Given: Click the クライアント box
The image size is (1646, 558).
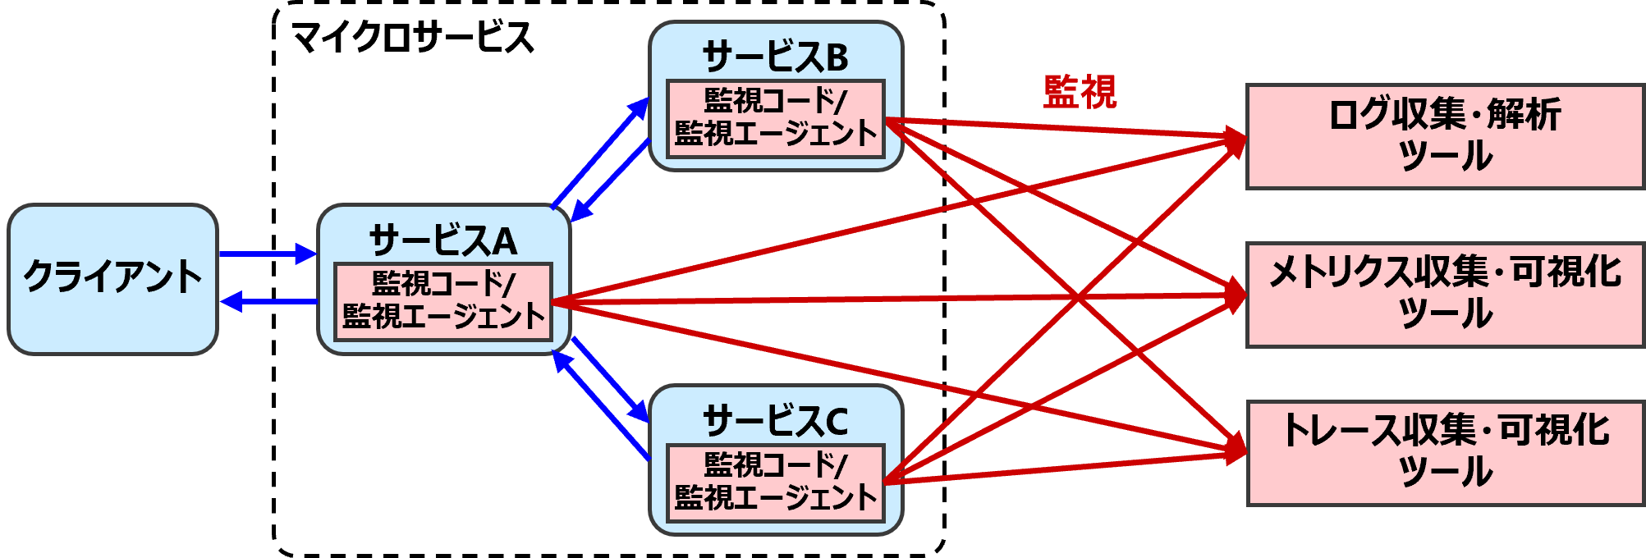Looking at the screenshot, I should [112, 279].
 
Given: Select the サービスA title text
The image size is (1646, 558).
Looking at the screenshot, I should [443, 241].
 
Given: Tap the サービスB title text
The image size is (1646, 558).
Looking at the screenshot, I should [775, 57].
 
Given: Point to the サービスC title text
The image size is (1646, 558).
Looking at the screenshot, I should [775, 422].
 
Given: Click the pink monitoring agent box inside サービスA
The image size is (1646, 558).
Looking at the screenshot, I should [443, 301].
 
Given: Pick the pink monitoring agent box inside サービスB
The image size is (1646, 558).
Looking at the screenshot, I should [775, 118].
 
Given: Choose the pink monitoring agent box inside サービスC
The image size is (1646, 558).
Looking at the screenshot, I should [775, 483].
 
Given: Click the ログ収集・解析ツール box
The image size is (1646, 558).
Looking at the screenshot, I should [1445, 136].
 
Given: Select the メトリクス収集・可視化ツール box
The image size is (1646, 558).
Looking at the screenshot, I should [1445, 295].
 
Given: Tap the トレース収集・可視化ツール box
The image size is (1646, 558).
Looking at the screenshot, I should [1445, 453].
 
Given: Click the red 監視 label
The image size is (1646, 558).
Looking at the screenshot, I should [1080, 92].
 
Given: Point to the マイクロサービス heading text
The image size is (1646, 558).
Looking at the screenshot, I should [412, 38].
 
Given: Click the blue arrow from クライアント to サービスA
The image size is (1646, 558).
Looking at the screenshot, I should [267, 254].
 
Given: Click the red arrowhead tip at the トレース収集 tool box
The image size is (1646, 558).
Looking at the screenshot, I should [1245, 451].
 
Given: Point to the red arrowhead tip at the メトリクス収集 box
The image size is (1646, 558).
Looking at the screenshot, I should [1245, 294].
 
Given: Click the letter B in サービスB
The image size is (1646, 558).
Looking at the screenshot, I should [836, 57].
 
